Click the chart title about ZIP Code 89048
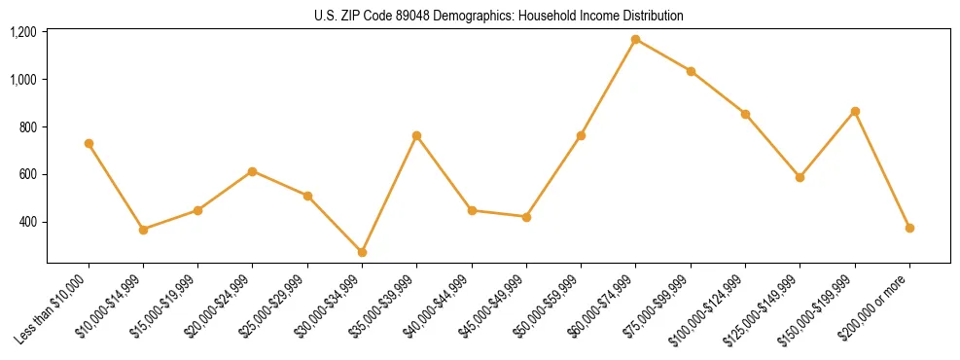(498, 16)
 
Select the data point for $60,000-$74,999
(635, 39)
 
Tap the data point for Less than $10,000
(89, 143)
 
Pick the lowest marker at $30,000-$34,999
(362, 252)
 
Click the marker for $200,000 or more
(909, 228)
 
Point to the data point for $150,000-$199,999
(855, 111)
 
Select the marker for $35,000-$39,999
(416, 135)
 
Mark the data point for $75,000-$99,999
(691, 71)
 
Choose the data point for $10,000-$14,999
(143, 230)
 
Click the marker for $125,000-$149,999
(800, 177)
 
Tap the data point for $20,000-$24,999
(252, 171)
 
